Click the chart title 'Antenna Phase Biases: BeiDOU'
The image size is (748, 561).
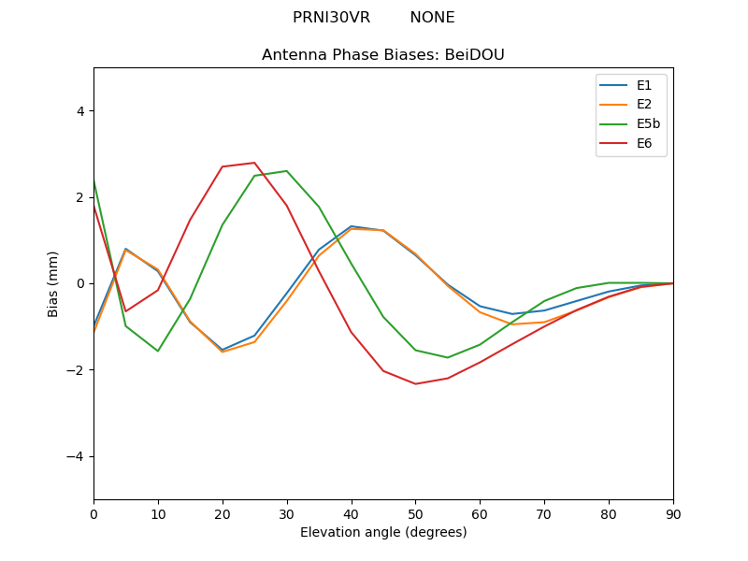tap(383, 55)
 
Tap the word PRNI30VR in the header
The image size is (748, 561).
tap(331, 18)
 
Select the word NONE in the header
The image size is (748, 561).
tap(432, 18)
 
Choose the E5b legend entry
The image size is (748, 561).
tap(648, 124)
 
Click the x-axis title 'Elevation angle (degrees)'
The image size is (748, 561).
tap(383, 533)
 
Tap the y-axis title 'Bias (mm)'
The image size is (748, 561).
tap(53, 283)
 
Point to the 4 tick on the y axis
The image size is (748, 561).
tap(79, 111)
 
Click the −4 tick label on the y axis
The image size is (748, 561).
tap(76, 456)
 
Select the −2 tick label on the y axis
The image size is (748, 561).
tap(76, 370)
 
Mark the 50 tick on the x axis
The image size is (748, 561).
tap(415, 514)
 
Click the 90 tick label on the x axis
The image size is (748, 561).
tap(673, 514)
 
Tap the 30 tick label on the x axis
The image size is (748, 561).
tap(287, 514)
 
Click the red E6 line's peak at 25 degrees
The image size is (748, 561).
tap(254, 163)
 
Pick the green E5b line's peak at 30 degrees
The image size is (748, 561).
tap(286, 171)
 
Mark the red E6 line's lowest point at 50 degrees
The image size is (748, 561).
tap(415, 383)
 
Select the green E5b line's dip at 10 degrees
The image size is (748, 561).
tap(158, 351)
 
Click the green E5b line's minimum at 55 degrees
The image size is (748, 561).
tap(448, 357)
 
